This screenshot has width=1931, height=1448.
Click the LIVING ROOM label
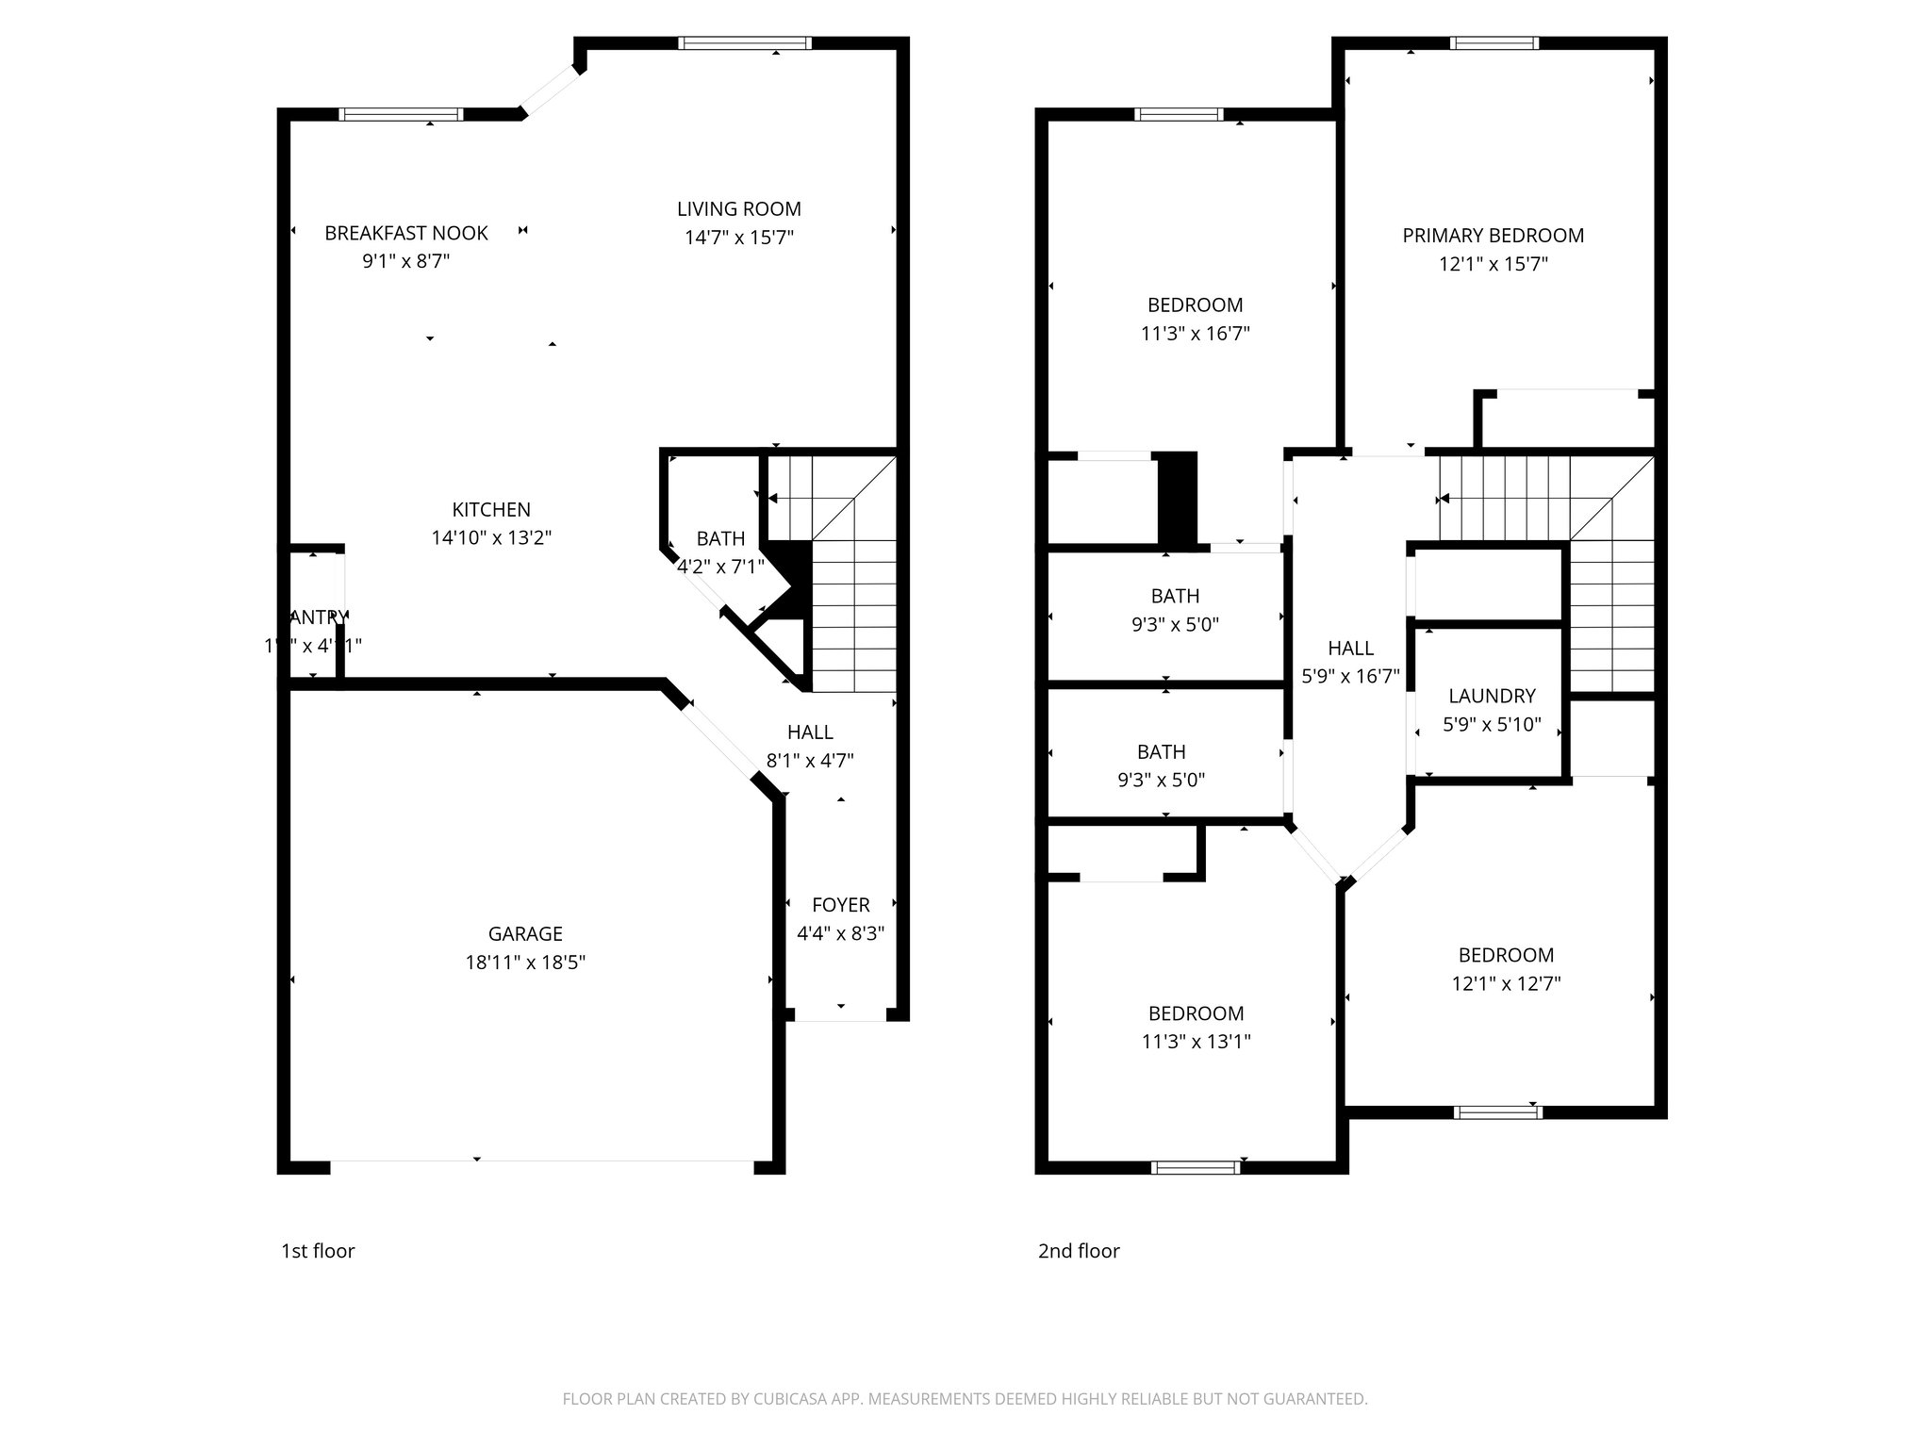point(738,209)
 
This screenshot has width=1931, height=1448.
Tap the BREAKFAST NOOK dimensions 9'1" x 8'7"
point(405,261)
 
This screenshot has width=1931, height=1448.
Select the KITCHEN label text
point(491,510)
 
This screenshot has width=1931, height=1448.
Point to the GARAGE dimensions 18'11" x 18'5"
point(525,963)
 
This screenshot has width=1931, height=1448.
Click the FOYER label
point(840,905)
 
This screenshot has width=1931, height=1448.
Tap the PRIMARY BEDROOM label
point(1493,236)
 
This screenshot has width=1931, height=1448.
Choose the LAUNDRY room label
point(1492,696)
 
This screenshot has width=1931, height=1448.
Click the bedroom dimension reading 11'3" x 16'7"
point(1195,334)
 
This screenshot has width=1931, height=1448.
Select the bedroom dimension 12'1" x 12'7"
point(1506,983)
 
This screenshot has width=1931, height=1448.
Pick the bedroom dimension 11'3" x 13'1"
point(1196,1042)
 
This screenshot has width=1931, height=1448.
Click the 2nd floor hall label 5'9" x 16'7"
point(1350,676)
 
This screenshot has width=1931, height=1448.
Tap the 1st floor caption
point(318,1251)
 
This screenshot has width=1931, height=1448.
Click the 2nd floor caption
point(1079,1251)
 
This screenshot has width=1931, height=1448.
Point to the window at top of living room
point(745,42)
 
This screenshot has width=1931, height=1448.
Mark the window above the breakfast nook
point(401,114)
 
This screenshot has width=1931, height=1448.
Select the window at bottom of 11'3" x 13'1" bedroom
point(1196,1167)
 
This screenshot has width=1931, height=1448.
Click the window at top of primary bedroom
point(1494,42)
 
